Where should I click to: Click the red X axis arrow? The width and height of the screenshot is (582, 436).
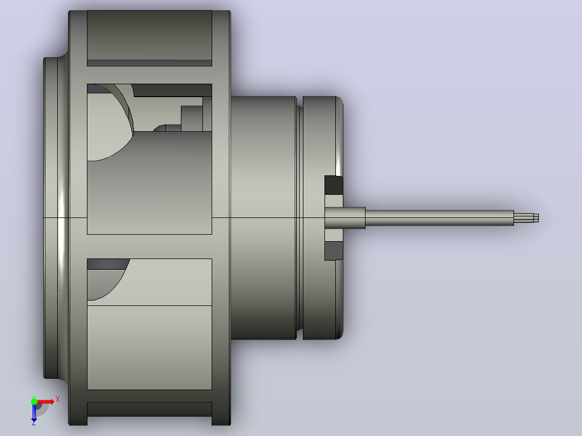(44, 402)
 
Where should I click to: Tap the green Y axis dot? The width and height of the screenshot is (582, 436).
(34, 401)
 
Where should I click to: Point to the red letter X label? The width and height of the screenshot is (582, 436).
(58, 399)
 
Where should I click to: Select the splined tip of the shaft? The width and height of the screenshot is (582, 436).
(526, 218)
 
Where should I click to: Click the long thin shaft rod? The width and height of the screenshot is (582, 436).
(439, 218)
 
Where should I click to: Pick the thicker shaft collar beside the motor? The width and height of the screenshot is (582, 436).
(345, 218)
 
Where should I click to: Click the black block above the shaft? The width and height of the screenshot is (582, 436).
(334, 185)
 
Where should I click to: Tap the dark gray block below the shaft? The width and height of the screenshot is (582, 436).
(334, 250)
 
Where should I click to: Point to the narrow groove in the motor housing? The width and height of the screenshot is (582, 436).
(299, 218)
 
